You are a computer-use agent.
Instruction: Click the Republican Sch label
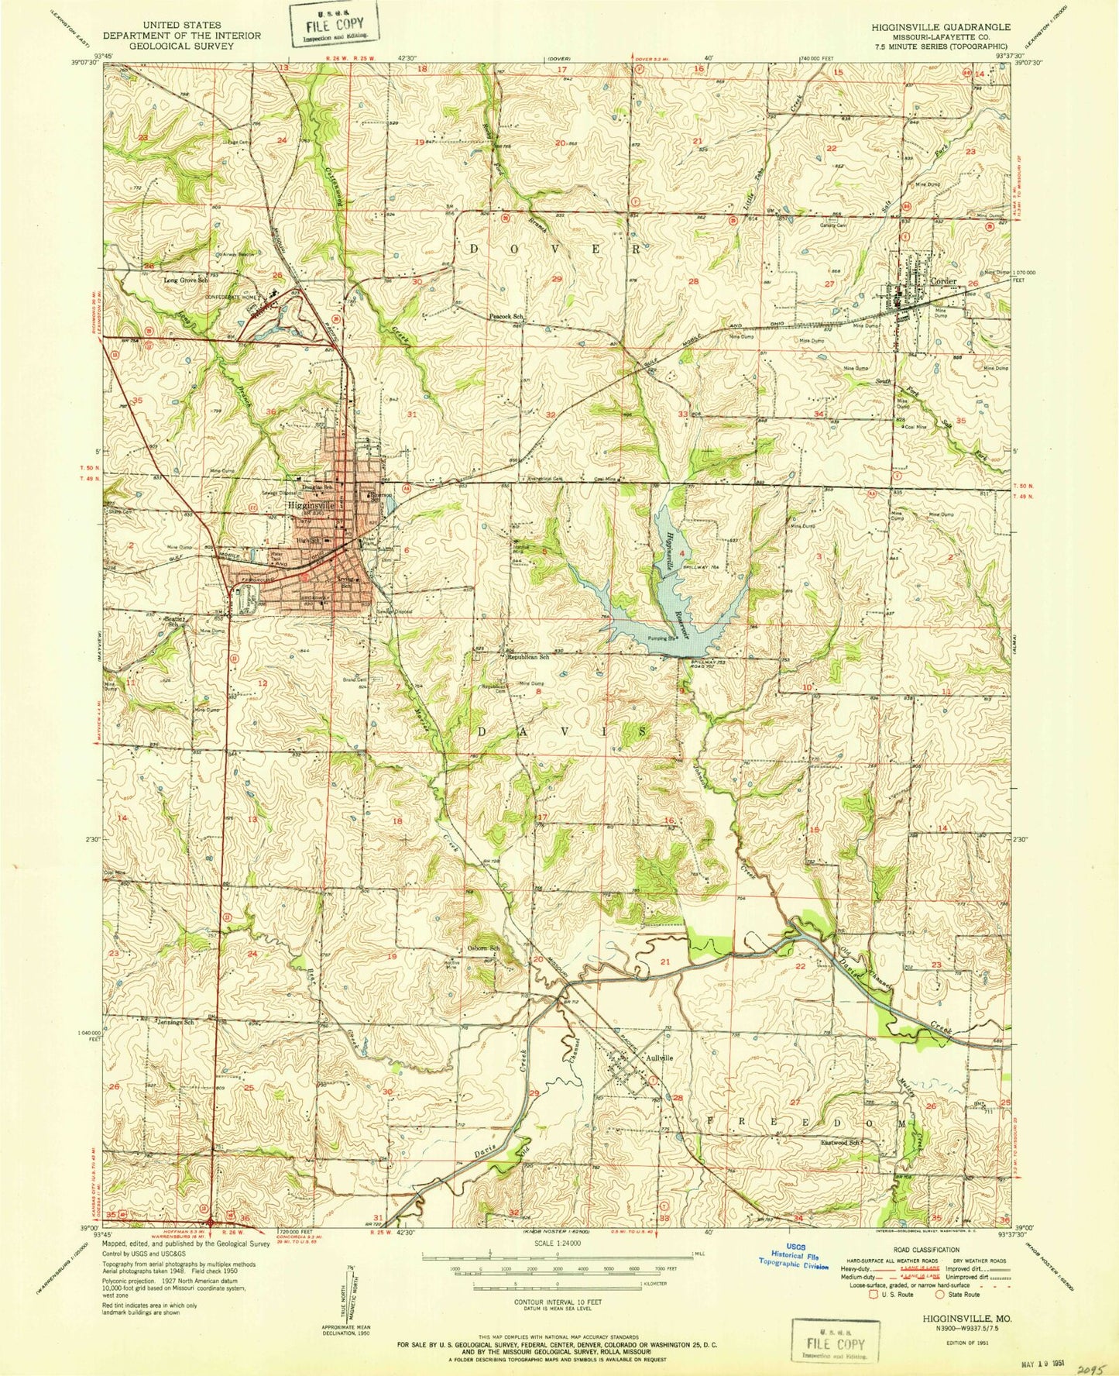pyautogui.click(x=528, y=657)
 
